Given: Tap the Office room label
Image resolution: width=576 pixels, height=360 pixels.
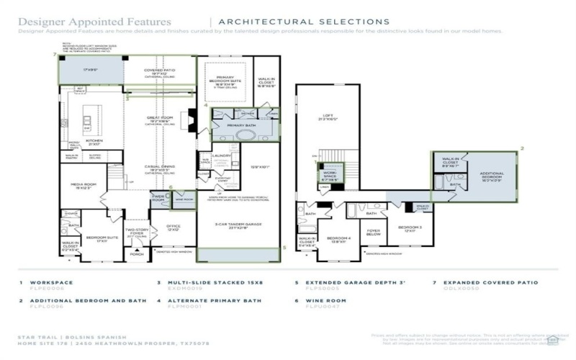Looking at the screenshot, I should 173,228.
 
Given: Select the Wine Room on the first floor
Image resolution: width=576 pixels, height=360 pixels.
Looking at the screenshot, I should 184,199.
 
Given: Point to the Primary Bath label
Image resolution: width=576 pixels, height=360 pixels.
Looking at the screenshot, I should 241,125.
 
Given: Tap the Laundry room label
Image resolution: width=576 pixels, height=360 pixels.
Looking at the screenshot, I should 221,155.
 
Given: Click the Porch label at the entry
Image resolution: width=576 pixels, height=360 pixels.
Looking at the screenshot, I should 137,253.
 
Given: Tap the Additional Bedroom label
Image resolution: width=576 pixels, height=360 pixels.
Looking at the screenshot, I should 490,175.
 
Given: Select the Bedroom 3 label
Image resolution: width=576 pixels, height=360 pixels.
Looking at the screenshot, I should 409,229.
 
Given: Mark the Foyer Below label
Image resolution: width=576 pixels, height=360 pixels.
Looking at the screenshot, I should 373,233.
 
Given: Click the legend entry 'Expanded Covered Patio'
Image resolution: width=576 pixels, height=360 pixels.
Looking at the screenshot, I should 486,283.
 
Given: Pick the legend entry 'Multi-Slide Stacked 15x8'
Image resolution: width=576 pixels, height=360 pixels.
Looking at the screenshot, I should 204,283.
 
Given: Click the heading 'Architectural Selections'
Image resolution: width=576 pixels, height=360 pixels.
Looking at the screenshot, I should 303,22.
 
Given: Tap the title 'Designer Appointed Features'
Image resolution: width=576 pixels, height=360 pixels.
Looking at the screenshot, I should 94,22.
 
